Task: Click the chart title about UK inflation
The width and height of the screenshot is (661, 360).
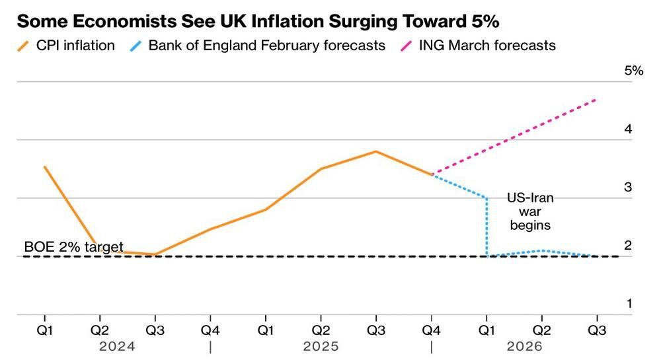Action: tap(258, 22)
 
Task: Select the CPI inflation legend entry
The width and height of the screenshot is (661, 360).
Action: tap(66, 46)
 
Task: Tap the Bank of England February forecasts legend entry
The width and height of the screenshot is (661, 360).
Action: tap(258, 46)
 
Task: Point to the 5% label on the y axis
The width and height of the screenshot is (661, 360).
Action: tap(633, 71)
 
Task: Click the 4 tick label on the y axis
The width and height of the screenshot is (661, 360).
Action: tap(628, 129)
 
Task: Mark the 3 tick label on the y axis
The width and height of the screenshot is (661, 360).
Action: tap(628, 188)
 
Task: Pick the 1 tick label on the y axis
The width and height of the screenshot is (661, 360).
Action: tap(628, 304)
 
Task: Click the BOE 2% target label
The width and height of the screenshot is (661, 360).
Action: tap(73, 248)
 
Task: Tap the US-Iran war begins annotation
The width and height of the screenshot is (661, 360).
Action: tap(530, 211)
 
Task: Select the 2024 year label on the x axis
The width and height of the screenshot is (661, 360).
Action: tap(118, 346)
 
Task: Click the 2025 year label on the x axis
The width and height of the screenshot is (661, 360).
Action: tap(321, 346)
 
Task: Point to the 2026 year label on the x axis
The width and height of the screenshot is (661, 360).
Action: tap(525, 346)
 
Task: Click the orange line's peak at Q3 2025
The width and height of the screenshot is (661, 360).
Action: tap(376, 152)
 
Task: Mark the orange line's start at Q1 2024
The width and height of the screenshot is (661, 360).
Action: tap(44, 167)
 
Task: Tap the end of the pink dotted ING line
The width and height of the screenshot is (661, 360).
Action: tap(596, 100)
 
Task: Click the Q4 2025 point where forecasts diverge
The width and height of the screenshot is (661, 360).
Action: tap(432, 174)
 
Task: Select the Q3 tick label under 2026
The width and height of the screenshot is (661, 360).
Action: tap(598, 329)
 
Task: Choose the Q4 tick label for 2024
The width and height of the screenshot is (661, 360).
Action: tap(210, 329)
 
